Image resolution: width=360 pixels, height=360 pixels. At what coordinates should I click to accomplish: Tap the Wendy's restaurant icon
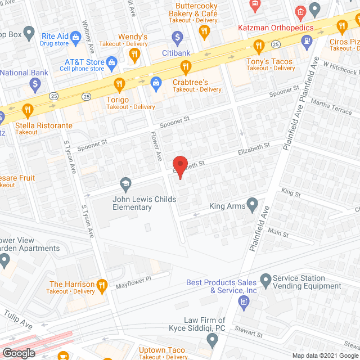tap(134, 55)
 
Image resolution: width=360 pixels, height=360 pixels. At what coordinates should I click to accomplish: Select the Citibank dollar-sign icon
tap(178, 38)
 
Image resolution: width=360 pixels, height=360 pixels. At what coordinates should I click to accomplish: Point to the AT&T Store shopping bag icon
tap(111, 61)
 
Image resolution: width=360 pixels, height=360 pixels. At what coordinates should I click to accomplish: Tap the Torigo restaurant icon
tap(119, 85)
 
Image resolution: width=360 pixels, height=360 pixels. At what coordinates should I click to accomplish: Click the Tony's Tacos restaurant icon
tap(258, 46)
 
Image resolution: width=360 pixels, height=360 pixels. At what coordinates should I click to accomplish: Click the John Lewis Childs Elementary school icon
tap(125, 184)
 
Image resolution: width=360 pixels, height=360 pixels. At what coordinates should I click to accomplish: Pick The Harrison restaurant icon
tap(102, 285)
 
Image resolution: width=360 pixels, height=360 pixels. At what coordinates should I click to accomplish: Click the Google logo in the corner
tap(19, 353)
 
